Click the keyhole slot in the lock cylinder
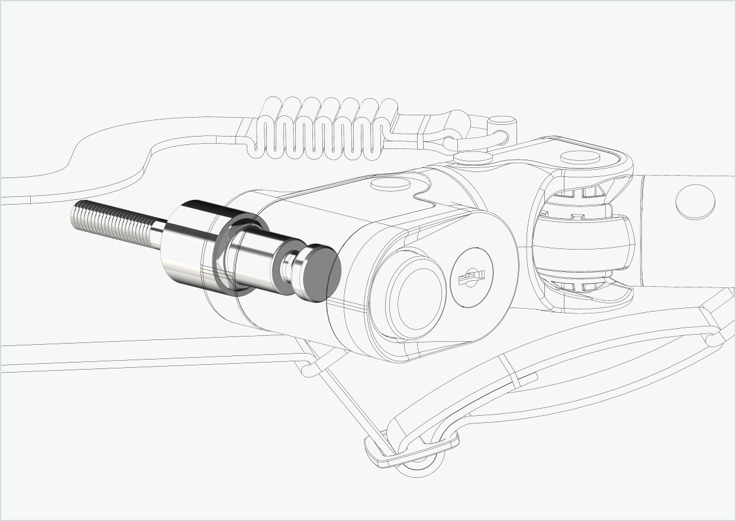pos(474,277)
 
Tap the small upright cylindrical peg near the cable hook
pos(502,124)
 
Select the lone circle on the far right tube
pos(695,202)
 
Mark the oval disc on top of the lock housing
pos(390,184)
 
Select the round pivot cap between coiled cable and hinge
pos(473,157)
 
